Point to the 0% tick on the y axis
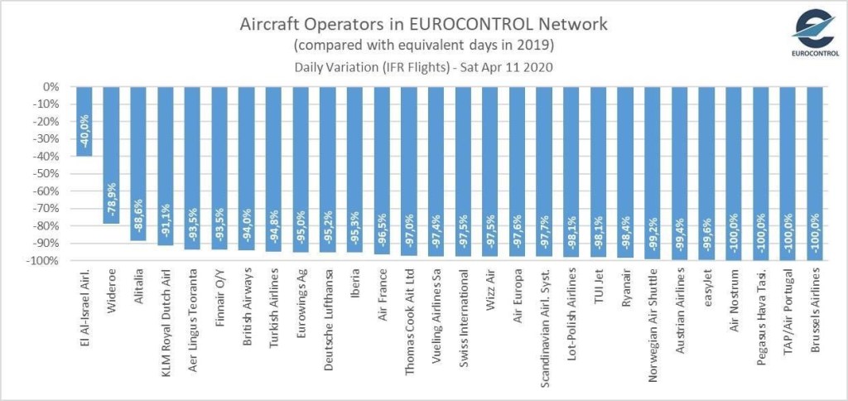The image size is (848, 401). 51,86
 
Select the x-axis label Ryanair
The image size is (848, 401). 629,292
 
